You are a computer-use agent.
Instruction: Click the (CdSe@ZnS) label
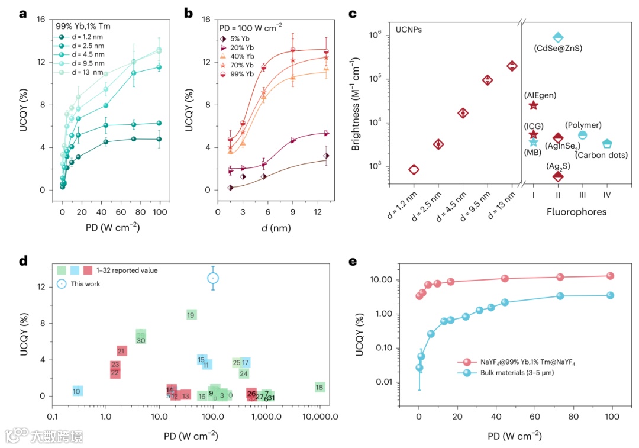point(558,48)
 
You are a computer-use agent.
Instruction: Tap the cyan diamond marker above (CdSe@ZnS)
point(557,37)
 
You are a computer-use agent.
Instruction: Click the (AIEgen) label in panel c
point(540,95)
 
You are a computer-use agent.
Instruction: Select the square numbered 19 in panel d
point(191,315)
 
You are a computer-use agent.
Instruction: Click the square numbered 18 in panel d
point(319,387)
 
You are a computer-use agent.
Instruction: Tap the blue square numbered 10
point(77,391)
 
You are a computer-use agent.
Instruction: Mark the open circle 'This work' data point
point(213,278)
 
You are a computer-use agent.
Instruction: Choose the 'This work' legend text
point(85,283)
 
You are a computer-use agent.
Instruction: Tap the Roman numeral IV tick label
point(607,194)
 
